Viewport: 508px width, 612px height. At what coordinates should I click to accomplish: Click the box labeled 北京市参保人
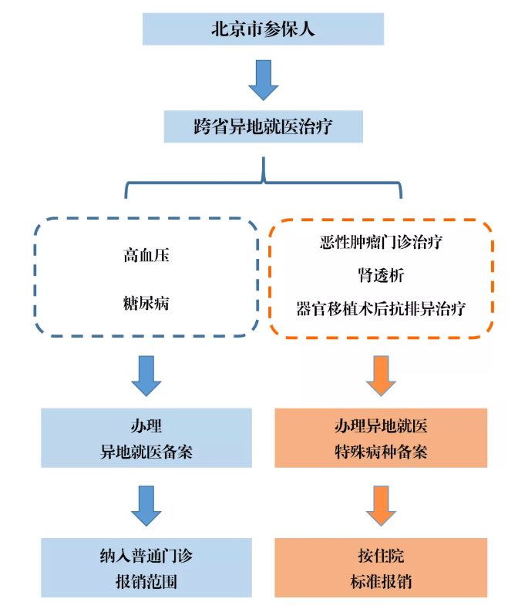click(263, 29)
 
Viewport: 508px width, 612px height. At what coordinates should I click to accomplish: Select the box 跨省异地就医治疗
click(263, 126)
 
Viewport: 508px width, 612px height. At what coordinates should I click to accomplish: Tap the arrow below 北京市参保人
click(264, 80)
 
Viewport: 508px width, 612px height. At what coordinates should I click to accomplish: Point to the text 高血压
click(146, 255)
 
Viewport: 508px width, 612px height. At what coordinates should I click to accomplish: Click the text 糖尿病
click(146, 303)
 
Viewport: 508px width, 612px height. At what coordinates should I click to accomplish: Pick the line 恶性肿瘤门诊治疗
click(381, 242)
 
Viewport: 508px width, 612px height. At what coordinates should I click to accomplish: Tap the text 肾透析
click(381, 275)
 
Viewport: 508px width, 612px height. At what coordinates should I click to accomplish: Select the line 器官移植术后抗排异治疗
click(381, 309)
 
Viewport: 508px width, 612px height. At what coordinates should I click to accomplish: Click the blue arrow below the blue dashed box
click(146, 376)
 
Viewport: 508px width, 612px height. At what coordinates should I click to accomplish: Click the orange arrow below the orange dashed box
click(381, 376)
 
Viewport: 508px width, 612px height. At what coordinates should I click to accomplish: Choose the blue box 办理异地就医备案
click(146, 438)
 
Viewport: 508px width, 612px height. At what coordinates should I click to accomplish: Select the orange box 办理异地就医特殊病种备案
click(381, 438)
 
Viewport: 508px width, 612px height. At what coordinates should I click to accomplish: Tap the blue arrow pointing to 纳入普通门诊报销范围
click(146, 506)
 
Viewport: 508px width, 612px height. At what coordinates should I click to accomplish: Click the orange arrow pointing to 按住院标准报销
click(381, 506)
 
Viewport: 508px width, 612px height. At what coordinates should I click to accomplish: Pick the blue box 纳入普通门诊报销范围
click(146, 568)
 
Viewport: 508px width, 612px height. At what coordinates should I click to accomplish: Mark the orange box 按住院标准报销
click(381, 568)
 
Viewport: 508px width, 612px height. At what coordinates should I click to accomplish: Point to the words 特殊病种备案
click(381, 452)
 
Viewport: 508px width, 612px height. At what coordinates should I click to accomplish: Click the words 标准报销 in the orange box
click(381, 582)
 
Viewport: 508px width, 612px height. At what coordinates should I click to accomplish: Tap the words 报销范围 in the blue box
click(146, 582)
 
